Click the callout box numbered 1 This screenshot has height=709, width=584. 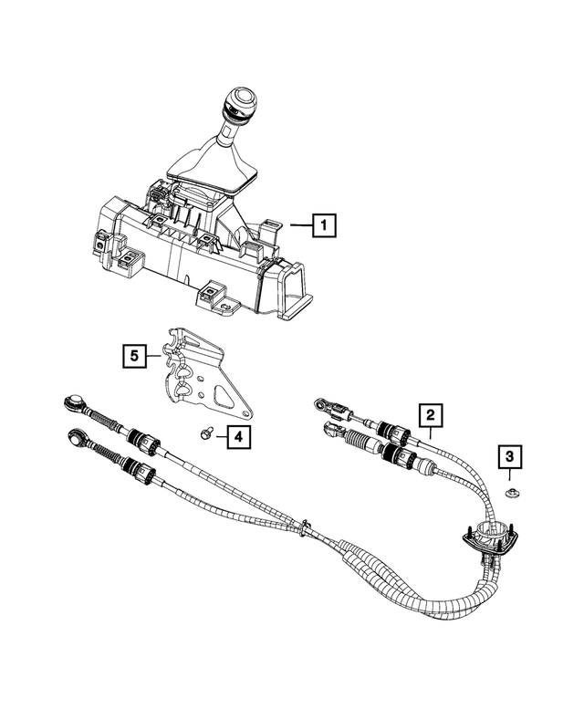click(324, 224)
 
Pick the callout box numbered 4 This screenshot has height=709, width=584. click(235, 438)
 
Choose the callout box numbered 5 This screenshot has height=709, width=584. click(135, 354)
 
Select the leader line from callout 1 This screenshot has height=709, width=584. click(298, 224)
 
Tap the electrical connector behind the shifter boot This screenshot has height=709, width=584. click(158, 193)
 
